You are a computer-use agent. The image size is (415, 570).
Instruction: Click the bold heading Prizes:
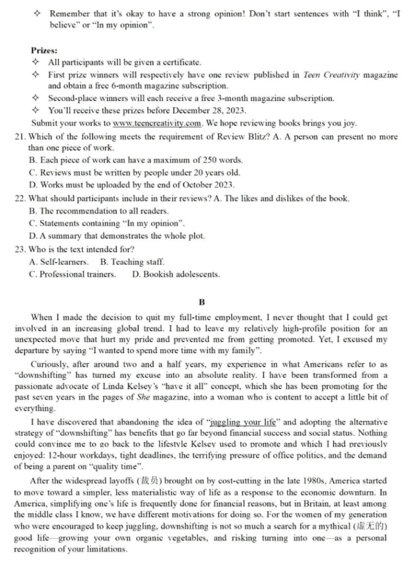(44, 51)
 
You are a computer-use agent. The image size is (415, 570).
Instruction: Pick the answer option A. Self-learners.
(59, 262)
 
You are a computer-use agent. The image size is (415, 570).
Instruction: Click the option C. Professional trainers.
(73, 274)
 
